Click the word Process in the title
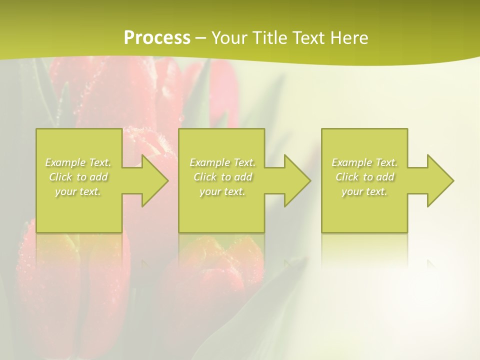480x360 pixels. [x=157, y=37]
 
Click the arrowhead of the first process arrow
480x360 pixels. [x=154, y=180]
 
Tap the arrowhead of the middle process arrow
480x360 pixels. [x=296, y=180]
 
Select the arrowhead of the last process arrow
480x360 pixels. [x=439, y=180]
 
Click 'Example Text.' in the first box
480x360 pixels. [x=78, y=162]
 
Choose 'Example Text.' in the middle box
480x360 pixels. [x=222, y=162]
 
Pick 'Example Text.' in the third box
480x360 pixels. [x=364, y=162]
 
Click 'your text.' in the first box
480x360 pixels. [x=78, y=191]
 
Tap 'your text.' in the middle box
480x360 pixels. [x=222, y=191]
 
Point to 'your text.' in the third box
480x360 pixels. [x=364, y=191]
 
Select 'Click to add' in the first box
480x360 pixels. [x=78, y=177]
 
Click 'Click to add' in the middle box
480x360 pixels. [x=222, y=177]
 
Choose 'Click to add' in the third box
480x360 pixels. [x=364, y=177]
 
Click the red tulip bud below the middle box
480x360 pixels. [x=215, y=280]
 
